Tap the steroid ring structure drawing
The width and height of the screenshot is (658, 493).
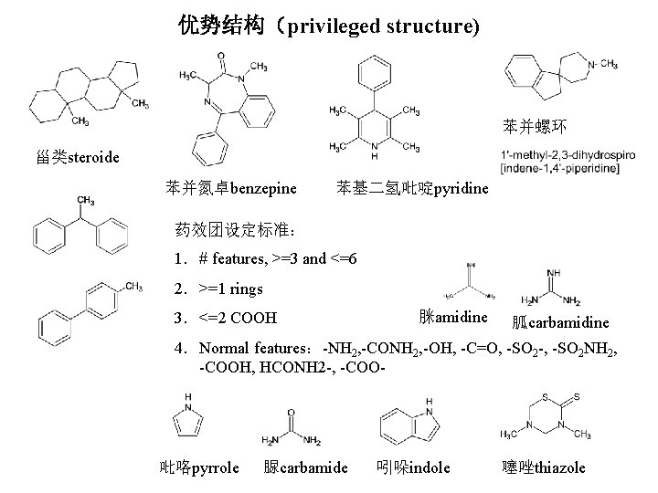[x=87, y=91]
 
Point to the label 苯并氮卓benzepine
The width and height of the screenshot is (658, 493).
[x=231, y=189]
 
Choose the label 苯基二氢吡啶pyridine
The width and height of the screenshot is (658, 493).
[x=413, y=189]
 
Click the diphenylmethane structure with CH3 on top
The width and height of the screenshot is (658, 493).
[x=79, y=232]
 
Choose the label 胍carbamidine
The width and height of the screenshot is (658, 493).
[x=561, y=322]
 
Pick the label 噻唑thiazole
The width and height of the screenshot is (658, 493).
[x=544, y=467]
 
